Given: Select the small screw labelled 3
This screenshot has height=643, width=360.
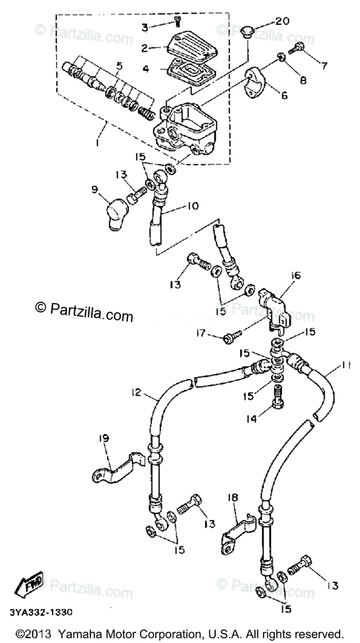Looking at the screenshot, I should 177,21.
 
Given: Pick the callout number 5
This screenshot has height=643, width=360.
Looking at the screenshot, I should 119,66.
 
